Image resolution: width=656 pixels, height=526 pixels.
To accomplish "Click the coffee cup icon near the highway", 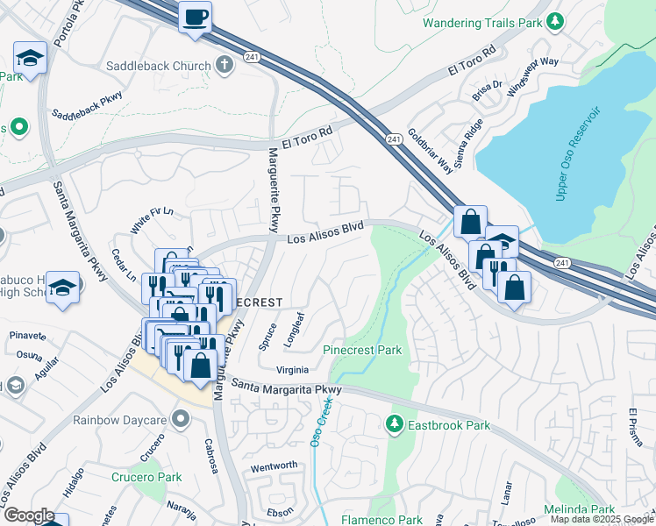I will click(x=195, y=16).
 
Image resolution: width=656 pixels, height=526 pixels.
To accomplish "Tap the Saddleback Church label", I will click(x=159, y=66).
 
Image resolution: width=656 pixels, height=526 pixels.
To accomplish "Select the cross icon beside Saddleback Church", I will click(x=225, y=65).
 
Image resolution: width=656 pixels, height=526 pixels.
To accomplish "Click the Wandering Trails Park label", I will click(x=481, y=22).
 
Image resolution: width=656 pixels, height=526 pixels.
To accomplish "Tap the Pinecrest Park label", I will click(x=362, y=350).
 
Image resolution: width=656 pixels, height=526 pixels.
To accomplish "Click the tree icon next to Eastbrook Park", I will click(x=396, y=425).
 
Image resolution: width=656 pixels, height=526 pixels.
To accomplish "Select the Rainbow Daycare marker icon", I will click(x=181, y=419).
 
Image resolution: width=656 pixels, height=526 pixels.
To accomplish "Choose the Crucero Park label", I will click(x=146, y=477).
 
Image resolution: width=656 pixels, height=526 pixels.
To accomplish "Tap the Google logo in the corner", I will click(x=29, y=515).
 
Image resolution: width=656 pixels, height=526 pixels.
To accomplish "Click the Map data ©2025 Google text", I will click(x=603, y=519).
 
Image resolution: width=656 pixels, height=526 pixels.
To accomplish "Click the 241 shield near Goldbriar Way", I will click(x=394, y=139).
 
